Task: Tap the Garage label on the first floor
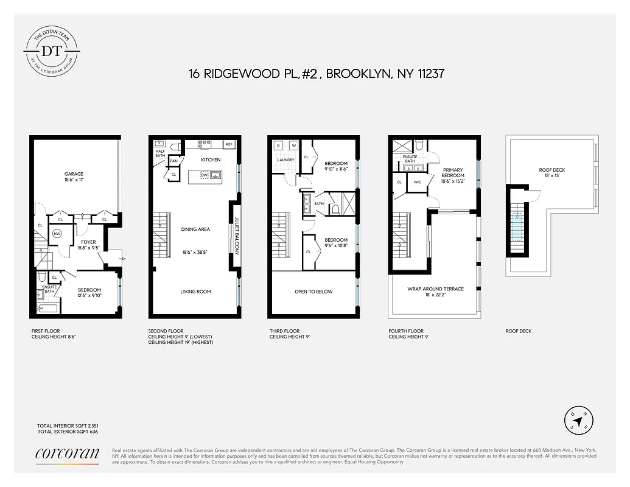pos(74,177)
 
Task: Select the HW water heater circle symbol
pos(57,234)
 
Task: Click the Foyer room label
pos(89,245)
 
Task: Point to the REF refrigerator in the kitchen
pos(229,144)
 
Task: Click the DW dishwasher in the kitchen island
pos(204,175)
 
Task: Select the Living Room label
pos(195,292)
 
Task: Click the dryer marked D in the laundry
pos(278,145)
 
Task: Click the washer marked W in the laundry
pos(293,145)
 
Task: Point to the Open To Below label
pos(313,292)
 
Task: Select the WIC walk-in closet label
pos(418,182)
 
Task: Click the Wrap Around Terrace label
pos(435,292)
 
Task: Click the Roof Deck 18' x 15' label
pos(552,173)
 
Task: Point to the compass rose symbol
pos(576,420)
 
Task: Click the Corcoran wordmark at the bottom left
pos(67,453)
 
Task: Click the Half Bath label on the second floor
pos(160,153)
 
